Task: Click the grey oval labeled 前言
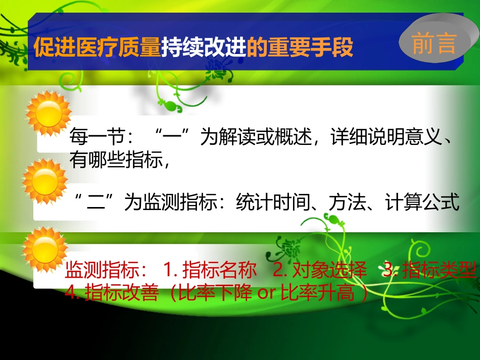click(x=434, y=43)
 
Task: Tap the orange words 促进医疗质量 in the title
click(x=97, y=49)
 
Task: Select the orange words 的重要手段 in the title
click(x=300, y=49)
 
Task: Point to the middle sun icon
click(x=44, y=181)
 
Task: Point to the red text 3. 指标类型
click(x=429, y=271)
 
